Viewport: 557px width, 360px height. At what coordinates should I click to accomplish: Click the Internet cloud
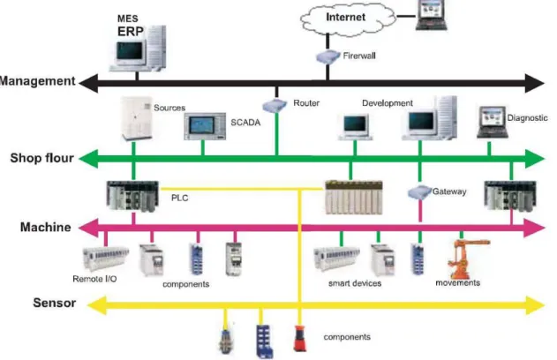(x=348, y=19)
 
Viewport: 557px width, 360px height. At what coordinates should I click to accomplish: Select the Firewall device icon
(x=327, y=56)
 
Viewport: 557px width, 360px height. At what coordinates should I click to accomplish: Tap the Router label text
(x=306, y=103)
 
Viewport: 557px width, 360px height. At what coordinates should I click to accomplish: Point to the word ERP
(x=131, y=31)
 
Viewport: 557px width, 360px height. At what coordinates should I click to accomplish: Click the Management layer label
(x=38, y=81)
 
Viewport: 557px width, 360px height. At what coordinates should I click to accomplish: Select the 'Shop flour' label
(x=41, y=158)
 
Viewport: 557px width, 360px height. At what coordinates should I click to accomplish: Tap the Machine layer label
(x=46, y=227)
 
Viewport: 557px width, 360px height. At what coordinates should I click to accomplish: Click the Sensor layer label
(x=55, y=303)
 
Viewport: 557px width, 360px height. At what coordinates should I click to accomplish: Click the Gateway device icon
(x=419, y=192)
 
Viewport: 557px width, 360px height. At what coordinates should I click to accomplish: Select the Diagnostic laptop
(x=492, y=122)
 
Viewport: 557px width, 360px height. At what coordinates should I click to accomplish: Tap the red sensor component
(x=299, y=338)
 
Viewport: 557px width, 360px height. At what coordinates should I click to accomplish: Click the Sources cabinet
(x=136, y=118)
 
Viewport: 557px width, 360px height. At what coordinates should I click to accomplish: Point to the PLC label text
(x=180, y=198)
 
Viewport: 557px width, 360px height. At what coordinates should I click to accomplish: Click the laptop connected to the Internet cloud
(x=431, y=15)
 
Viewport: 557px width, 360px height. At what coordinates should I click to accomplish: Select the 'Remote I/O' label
(x=94, y=279)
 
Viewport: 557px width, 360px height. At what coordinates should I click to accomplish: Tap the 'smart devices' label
(x=355, y=283)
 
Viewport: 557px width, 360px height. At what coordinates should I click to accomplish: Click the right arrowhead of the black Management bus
(x=534, y=84)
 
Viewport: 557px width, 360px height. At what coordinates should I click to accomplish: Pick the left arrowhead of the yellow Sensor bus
(x=96, y=305)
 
